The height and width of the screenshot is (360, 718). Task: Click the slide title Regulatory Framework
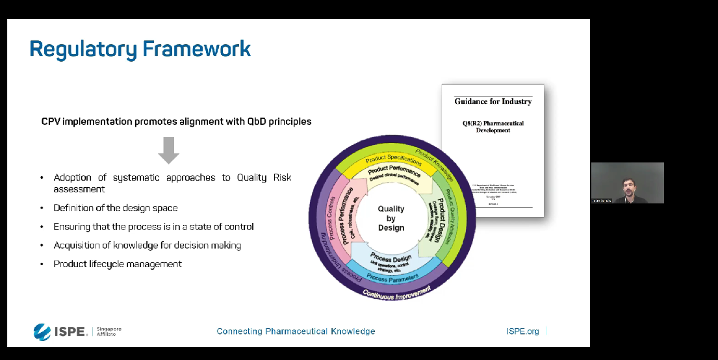pyautogui.click(x=140, y=49)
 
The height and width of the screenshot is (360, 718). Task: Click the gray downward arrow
pyautogui.click(x=169, y=150)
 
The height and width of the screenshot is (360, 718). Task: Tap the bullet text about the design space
pyautogui.click(x=116, y=208)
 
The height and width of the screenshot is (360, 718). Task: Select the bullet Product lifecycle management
pyautogui.click(x=118, y=264)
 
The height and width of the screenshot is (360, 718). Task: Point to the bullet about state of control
pyautogui.click(x=153, y=227)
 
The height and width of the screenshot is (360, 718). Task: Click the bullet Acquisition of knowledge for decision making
pyautogui.click(x=147, y=245)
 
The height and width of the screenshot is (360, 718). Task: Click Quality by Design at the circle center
pyautogui.click(x=391, y=218)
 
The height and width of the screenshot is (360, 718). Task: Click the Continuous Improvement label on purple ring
pyautogui.click(x=396, y=292)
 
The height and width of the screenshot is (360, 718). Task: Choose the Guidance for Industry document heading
pyautogui.click(x=493, y=101)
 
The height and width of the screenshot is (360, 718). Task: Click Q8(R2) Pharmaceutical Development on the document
pyautogui.click(x=493, y=126)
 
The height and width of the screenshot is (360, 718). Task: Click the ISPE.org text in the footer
pyautogui.click(x=522, y=331)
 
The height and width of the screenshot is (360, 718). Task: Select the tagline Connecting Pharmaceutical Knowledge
pyautogui.click(x=296, y=331)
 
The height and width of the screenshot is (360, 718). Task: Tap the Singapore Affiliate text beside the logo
pyautogui.click(x=109, y=331)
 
